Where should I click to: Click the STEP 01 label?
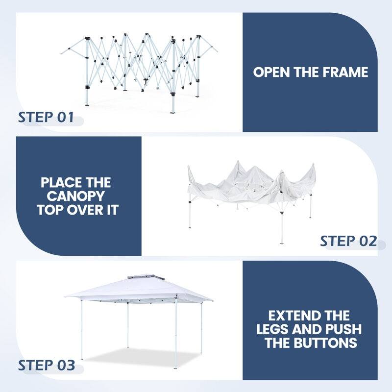coord(46,118)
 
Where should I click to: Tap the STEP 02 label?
coord(348,241)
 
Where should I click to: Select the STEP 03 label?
coord(47,365)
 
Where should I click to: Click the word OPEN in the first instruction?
coord(272,73)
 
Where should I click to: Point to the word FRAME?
coord(346,73)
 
